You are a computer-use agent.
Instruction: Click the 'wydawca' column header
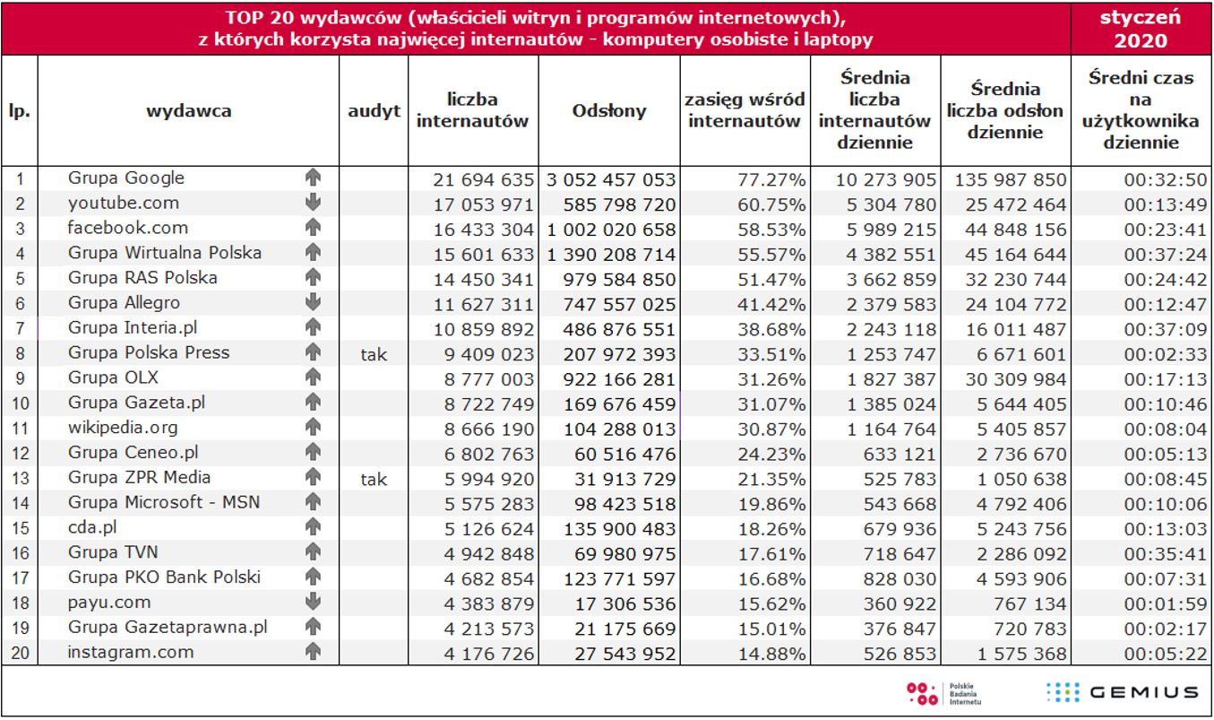[x=189, y=111]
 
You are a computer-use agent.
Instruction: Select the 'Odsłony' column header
[x=608, y=111]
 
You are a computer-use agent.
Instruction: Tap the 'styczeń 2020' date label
[x=1141, y=29]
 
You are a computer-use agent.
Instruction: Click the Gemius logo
[x=1123, y=692]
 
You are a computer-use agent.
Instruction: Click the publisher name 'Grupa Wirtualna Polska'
[x=165, y=253]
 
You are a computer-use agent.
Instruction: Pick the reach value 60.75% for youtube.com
[x=771, y=204]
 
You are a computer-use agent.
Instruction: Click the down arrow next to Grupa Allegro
[x=313, y=303]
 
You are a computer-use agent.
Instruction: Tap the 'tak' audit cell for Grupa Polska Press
[x=374, y=354]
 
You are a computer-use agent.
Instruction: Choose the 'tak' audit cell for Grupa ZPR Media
[x=374, y=479]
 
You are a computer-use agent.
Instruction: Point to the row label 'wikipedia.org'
[x=123, y=428]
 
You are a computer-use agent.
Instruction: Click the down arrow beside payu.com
[x=313, y=603]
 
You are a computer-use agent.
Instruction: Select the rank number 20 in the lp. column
[x=20, y=654]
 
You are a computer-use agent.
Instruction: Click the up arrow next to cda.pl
[x=313, y=528]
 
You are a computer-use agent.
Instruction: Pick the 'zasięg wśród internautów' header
[x=744, y=111]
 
